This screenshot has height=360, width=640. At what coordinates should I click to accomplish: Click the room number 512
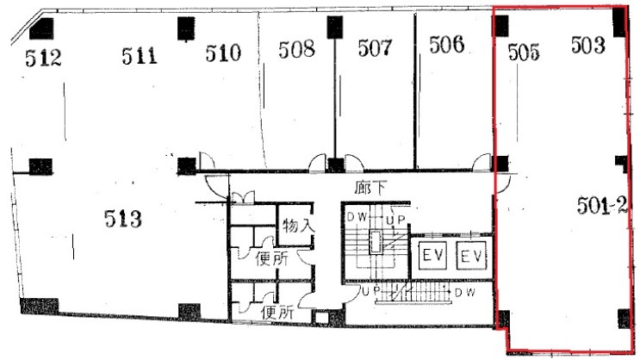[43, 58]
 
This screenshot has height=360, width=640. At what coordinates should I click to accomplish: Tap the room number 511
[140, 56]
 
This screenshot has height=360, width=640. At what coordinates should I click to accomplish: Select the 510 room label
[223, 53]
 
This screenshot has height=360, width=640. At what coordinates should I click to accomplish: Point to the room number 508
[296, 49]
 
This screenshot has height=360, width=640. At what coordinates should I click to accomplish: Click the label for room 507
[375, 47]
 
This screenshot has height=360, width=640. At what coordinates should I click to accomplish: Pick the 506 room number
[446, 45]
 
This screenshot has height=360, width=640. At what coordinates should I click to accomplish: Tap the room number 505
[524, 53]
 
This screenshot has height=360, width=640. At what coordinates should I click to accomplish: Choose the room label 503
[587, 45]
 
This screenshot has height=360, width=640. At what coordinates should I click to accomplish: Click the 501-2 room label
[601, 205]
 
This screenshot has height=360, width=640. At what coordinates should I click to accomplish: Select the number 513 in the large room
[123, 219]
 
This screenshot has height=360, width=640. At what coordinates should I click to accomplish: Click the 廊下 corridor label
[370, 188]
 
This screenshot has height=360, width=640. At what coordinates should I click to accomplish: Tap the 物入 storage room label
[298, 226]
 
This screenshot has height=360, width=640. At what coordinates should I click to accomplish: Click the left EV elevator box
[432, 256]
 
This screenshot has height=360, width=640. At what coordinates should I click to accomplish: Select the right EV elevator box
[471, 256]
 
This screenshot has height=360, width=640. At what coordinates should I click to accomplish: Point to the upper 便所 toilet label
[272, 258]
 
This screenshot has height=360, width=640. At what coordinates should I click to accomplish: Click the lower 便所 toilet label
[277, 313]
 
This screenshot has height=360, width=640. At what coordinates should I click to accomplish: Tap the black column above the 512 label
[41, 29]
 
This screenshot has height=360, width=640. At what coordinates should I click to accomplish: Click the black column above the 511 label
[186, 28]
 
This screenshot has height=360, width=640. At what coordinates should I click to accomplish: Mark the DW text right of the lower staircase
[465, 293]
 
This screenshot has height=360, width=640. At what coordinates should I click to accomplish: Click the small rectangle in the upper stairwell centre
[375, 242]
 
